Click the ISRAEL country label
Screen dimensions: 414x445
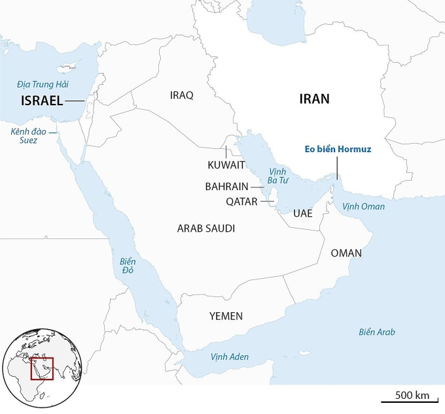pyautogui.click(x=42, y=101)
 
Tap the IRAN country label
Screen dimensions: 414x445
pyautogui.click(x=314, y=99)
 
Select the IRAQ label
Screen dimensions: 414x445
pyautogui.click(x=181, y=95)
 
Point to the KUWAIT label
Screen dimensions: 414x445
pyautogui.click(x=226, y=165)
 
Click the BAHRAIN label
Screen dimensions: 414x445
pyautogui.click(x=226, y=186)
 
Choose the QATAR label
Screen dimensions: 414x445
pyautogui.click(x=241, y=202)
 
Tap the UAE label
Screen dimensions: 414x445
pyautogui.click(x=303, y=214)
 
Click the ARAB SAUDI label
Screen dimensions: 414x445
pyautogui.click(x=206, y=229)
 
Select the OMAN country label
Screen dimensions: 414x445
pyautogui.click(x=346, y=253)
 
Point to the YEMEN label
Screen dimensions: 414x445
pyautogui.click(x=226, y=316)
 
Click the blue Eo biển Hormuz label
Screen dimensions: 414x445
pyautogui.click(x=338, y=150)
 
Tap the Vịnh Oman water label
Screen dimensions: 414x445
pyautogui.click(x=364, y=206)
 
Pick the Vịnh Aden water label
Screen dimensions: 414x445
pyautogui.click(x=229, y=357)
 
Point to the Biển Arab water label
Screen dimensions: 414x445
pyautogui.click(x=376, y=332)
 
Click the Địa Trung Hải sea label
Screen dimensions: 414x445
pyautogui.click(x=43, y=84)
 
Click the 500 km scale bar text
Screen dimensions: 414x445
pyautogui.click(x=412, y=395)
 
